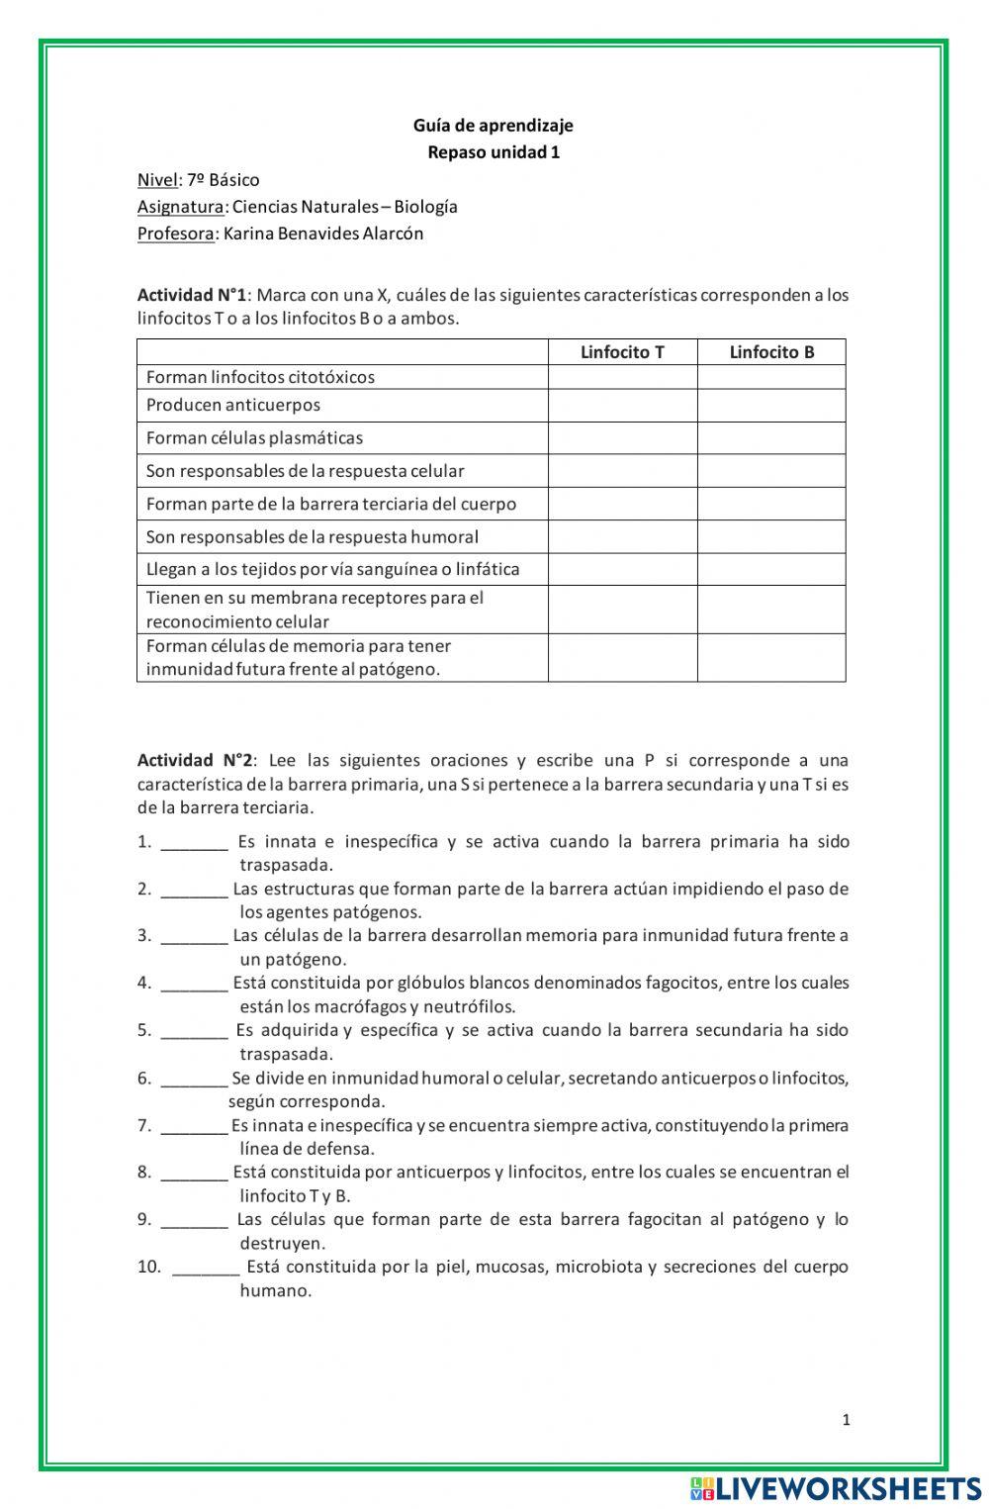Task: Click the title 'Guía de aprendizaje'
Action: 493,126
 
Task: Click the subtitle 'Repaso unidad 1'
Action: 493,152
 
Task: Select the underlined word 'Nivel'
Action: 156,180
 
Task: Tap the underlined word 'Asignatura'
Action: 180,207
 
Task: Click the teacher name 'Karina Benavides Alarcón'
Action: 323,234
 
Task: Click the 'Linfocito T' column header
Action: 622,352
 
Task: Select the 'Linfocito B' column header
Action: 771,352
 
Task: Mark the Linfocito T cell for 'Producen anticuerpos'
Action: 622,406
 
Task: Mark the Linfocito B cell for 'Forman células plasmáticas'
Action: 771,438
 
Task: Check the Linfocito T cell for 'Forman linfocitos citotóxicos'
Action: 622,377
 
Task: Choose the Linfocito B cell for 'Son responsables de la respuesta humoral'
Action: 771,536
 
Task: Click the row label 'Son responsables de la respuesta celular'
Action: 305,471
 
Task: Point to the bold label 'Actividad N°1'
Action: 191,295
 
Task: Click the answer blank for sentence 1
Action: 194,843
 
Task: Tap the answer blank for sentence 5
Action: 194,1031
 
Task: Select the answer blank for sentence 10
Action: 205,1268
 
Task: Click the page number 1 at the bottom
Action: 846,1420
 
